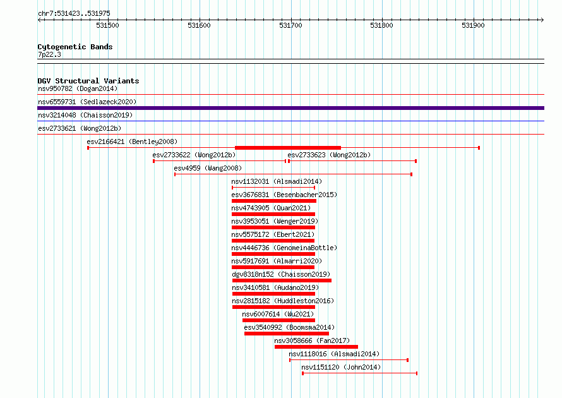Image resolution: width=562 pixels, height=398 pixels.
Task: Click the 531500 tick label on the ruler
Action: [x=107, y=25]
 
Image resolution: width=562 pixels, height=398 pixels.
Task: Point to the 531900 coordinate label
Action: [x=473, y=25]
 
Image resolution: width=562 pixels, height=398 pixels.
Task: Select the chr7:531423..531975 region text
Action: [x=74, y=14]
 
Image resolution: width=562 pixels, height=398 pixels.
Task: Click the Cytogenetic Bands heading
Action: [x=75, y=47]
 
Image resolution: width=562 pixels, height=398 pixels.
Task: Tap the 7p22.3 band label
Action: [x=49, y=54]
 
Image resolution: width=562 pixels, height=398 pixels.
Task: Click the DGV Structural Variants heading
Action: [x=88, y=81]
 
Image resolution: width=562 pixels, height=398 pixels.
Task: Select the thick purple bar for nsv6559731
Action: [x=290, y=108]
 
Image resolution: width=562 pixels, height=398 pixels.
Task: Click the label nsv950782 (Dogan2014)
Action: [x=78, y=88]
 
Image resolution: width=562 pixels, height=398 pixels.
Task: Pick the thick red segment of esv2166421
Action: [x=288, y=148]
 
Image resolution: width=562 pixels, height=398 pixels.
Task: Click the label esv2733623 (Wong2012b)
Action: [x=329, y=155]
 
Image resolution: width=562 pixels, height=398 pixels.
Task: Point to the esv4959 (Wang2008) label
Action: [x=208, y=168]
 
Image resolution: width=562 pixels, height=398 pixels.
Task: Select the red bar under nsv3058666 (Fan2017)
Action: [x=316, y=347]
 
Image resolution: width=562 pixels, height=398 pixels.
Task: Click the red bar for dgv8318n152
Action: [x=282, y=280]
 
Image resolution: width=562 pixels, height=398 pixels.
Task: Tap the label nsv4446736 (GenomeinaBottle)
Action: [x=284, y=248]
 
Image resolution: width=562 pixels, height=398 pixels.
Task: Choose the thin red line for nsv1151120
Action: [x=359, y=373]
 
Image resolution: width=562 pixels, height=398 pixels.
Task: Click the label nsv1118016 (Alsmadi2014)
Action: [x=334, y=354]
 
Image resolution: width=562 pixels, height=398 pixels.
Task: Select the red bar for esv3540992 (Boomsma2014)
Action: [x=287, y=334]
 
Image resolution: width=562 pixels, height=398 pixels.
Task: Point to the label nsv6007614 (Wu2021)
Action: [x=278, y=314]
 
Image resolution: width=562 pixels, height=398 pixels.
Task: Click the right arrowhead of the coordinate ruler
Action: [x=542, y=20]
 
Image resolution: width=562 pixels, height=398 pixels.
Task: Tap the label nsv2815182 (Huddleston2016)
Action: [x=283, y=301]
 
